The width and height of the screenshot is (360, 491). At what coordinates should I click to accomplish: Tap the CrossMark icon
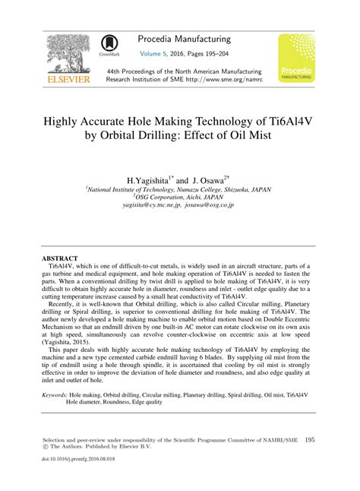109,46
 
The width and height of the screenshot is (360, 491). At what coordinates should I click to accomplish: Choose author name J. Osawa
204,179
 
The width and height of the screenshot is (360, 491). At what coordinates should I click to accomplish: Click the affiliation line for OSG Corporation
180,197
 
